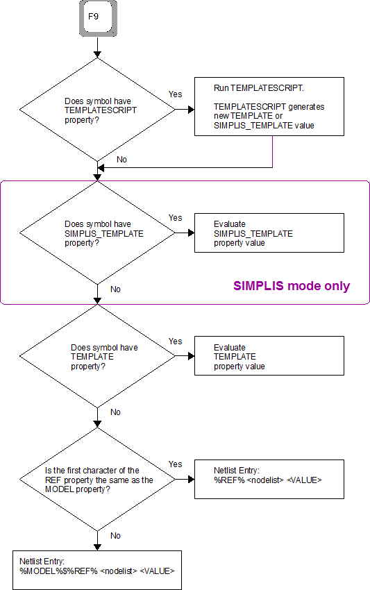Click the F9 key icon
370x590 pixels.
(98, 18)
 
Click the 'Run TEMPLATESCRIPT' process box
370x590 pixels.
(269, 106)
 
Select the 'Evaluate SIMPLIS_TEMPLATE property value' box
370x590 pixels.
(269, 233)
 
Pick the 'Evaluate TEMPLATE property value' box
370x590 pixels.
(269, 355)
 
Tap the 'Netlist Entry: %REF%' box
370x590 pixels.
(269, 479)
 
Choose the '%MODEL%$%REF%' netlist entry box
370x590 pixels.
(97, 570)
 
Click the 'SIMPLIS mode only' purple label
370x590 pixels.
(292, 286)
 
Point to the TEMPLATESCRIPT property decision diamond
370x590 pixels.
(97, 110)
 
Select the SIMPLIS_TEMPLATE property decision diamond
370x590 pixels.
(97, 233)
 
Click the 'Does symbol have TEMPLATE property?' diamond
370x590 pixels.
(97, 356)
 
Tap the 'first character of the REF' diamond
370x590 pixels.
(97, 480)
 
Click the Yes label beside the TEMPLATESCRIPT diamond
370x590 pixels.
(176, 94)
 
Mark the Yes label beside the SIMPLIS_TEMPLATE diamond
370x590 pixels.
(176, 217)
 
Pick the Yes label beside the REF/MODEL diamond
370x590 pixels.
(176, 464)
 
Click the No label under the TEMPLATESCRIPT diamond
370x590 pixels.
(121, 160)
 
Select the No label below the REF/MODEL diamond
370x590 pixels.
(115, 535)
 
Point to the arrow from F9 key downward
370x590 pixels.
(97, 47)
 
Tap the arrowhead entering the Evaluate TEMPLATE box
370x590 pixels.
(191, 355)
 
